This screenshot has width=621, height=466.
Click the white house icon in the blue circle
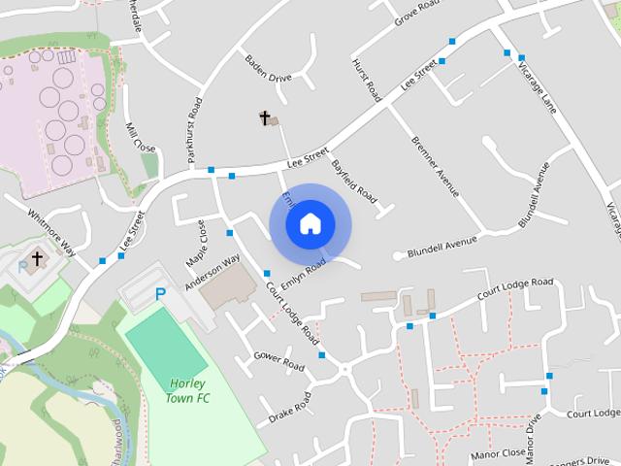(310, 223)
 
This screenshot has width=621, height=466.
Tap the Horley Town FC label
(188, 391)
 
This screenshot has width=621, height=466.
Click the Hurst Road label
(366, 77)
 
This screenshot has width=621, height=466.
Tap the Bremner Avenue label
(434, 165)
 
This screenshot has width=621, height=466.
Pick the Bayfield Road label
(353, 180)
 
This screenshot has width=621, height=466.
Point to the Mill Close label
(141, 137)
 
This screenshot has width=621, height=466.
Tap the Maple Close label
(196, 244)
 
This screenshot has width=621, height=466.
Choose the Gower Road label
(278, 361)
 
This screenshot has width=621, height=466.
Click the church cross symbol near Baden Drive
(264, 117)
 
